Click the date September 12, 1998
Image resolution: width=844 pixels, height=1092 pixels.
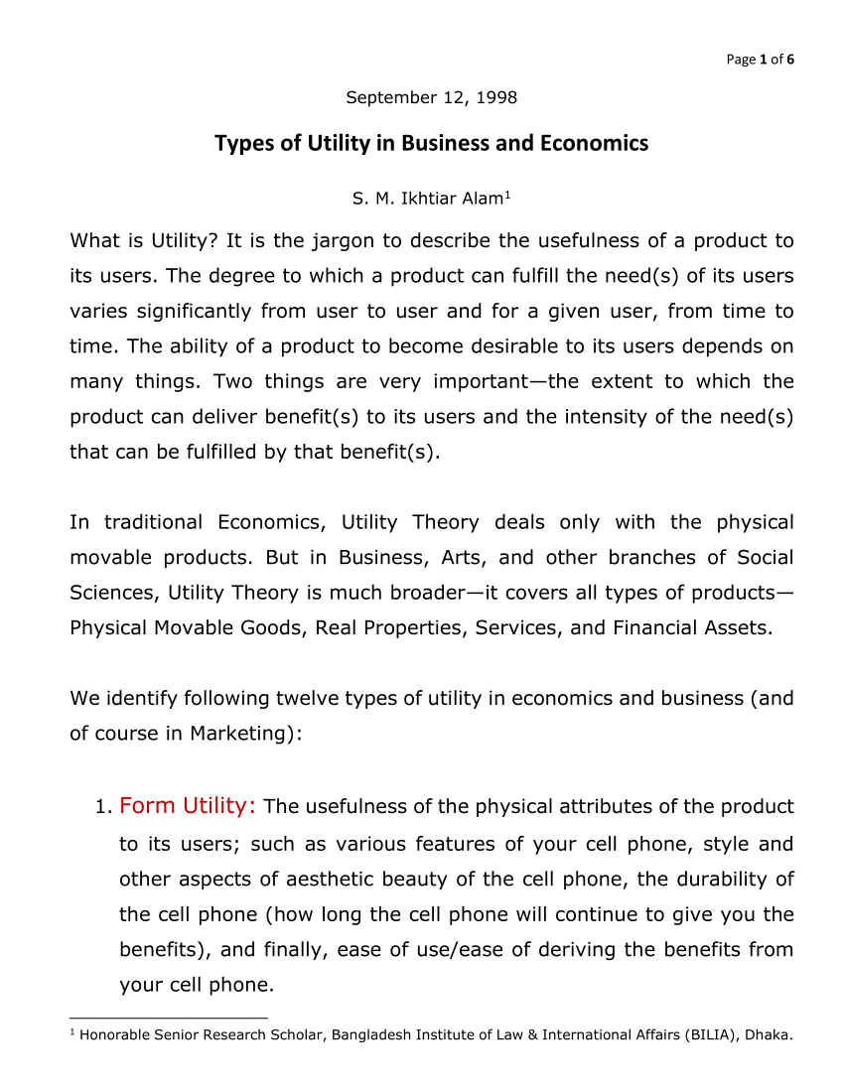click(x=431, y=97)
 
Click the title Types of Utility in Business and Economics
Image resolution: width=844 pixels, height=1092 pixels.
click(x=431, y=143)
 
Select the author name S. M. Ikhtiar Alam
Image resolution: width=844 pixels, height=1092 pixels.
click(x=427, y=199)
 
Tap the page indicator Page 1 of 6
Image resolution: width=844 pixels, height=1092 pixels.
click(x=761, y=60)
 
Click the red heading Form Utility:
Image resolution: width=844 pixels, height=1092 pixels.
click(x=188, y=805)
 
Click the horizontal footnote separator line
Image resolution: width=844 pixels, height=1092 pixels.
click(x=169, y=1018)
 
